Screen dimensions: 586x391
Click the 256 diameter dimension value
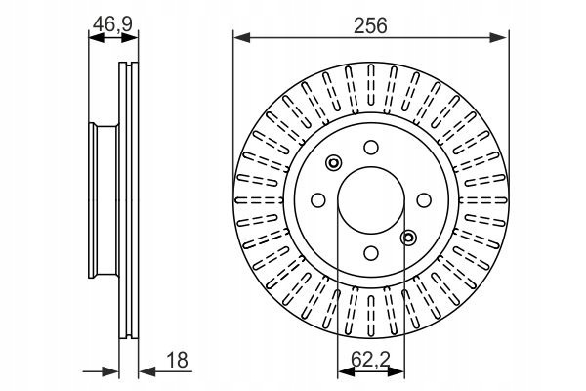(x=370, y=25)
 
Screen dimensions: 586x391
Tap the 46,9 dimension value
(x=112, y=24)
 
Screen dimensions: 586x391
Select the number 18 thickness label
(x=177, y=361)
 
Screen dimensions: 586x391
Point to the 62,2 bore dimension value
(x=370, y=360)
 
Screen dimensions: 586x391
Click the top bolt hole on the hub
(x=371, y=147)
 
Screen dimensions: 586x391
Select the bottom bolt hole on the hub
(x=371, y=253)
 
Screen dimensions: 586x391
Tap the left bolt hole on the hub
(x=318, y=200)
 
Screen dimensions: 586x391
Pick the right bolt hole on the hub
(x=424, y=200)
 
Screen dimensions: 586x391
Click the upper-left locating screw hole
(x=333, y=163)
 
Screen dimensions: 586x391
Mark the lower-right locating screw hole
(x=408, y=238)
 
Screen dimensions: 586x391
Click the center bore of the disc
(x=371, y=200)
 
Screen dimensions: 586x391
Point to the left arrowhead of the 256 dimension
(x=241, y=37)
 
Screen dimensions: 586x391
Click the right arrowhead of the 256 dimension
(x=500, y=37)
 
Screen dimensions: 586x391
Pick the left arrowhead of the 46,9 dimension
(x=97, y=37)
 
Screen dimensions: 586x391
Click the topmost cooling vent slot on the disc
(x=371, y=84)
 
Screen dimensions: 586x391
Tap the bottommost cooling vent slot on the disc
(x=371, y=316)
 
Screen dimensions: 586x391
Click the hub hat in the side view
(x=104, y=200)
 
